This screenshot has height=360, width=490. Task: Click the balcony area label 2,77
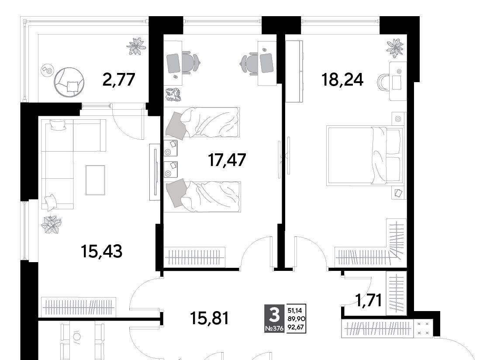119,80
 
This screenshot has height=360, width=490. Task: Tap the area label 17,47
227,160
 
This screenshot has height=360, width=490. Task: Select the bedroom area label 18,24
342,80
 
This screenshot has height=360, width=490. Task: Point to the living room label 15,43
102,251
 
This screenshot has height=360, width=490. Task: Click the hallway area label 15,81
210,318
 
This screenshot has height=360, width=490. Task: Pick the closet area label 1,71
369,301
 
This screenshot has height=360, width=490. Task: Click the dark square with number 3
274,318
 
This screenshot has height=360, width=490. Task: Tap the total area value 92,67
296,328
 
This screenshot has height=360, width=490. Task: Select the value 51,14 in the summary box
295,310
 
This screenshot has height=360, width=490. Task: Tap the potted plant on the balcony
136,46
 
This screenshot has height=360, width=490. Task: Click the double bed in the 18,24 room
364,156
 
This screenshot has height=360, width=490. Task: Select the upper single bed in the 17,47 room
202,122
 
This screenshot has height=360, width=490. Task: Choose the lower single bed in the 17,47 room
203,196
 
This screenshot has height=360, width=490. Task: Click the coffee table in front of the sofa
95,180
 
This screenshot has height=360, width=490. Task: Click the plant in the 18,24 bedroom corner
395,48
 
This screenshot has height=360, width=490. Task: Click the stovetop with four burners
423,329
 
